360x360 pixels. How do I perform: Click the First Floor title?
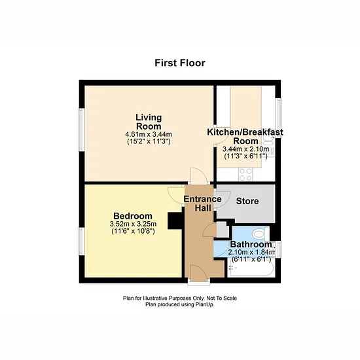point(180,63)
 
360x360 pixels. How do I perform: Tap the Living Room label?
point(149,122)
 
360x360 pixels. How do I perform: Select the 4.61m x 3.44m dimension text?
point(149,134)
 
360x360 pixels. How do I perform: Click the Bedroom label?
point(133,216)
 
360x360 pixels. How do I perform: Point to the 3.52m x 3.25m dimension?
point(133,224)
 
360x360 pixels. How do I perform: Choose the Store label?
point(247,201)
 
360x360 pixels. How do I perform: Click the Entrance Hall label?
point(203,204)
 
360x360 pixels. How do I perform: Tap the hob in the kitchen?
point(245,175)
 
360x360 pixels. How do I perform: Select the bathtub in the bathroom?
point(251,268)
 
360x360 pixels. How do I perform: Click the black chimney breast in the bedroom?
point(175,221)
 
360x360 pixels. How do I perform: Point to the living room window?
point(82,130)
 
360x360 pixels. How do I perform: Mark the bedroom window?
point(82,242)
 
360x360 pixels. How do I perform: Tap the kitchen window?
point(278,118)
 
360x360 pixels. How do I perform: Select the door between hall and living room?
point(199,175)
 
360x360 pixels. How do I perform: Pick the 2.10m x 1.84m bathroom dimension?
point(251,252)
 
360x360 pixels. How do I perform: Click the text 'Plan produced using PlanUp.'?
point(180,304)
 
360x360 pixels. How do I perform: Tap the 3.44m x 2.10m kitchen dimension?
point(245,149)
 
